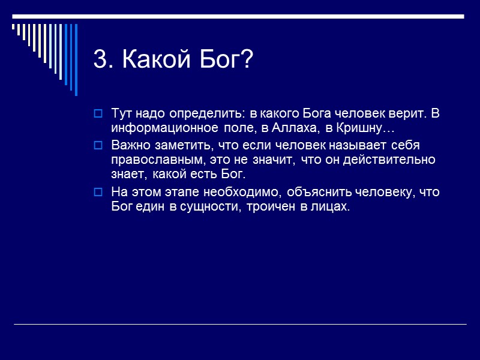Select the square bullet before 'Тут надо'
tap(98, 114)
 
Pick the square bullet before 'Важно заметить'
tap(98, 146)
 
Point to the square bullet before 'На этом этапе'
tap(98, 192)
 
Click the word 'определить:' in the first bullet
tap(212, 114)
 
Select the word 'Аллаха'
tap(289, 128)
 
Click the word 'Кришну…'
tap(364, 128)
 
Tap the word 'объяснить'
tap(316, 192)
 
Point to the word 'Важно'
tap(128, 146)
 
